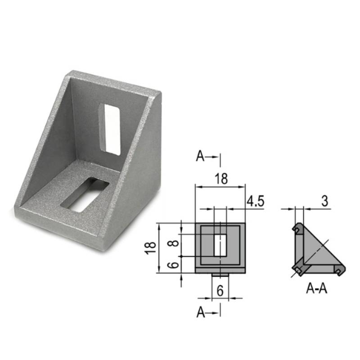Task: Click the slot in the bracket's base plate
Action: [85, 195]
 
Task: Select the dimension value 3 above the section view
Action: [324, 201]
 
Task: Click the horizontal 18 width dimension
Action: [220, 178]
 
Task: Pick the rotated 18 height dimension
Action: [152, 247]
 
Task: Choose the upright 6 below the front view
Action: [220, 291]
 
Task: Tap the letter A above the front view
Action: [201, 157]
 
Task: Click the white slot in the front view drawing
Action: [220, 245]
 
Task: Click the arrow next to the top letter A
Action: [213, 157]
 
